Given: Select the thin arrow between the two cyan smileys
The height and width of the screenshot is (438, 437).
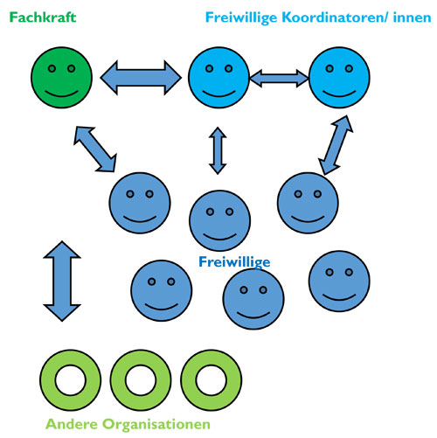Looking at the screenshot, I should pos(280,79).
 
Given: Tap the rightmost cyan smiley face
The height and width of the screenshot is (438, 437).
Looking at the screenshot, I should pos(341,77).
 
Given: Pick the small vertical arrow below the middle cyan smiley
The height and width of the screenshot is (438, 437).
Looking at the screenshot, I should pos(217,150).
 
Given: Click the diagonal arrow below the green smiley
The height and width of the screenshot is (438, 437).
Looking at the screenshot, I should pos(94,147).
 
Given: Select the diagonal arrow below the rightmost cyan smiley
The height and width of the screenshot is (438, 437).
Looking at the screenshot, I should pos(329,145).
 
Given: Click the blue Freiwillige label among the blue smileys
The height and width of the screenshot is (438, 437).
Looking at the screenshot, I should pos(234,261).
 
